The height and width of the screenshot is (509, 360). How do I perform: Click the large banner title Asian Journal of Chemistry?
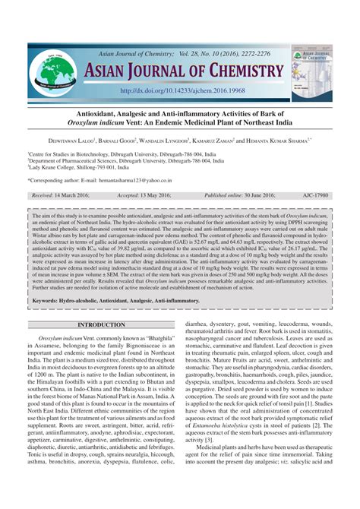coord(185,72)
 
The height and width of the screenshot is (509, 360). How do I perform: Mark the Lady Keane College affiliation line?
coord(85,168)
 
